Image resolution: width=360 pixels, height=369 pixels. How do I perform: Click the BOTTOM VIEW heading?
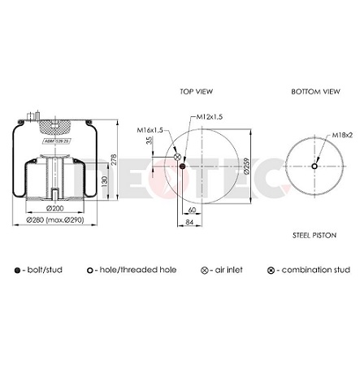pyautogui.click(x=314, y=92)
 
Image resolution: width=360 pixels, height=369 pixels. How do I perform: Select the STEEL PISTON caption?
pyautogui.click(x=314, y=235)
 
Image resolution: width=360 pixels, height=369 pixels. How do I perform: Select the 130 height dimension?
pyautogui.click(x=103, y=179)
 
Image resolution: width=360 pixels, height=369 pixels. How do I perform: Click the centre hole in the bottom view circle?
pyautogui.click(x=314, y=167)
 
